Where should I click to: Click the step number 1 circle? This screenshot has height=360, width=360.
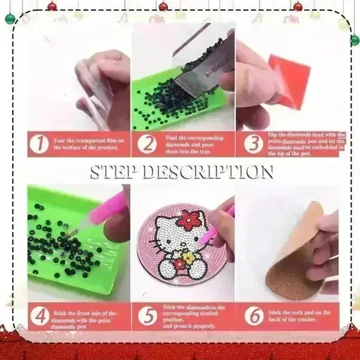(39, 144)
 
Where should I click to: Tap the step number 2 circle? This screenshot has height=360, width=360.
(146, 144)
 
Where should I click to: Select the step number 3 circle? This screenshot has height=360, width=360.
(253, 144)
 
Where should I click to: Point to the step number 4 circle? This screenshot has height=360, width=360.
(39, 316)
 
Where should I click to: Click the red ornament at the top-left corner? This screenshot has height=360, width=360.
(52, 6)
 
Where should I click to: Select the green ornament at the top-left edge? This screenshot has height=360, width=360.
(10, 19)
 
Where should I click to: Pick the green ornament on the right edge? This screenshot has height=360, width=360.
(355, 40)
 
